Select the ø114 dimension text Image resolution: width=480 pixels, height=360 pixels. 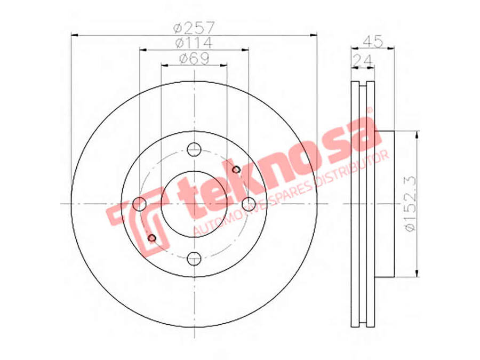194,43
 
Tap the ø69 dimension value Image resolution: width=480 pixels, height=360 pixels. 194,58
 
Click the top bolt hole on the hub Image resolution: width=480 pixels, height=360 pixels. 195,149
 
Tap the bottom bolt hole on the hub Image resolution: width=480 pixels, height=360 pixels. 195,258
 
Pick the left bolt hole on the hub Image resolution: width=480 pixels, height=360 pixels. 140,204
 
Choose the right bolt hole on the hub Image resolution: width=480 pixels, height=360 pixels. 249,204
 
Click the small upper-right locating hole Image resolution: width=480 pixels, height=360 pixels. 237,170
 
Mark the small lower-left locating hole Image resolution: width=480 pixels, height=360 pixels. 152,237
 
